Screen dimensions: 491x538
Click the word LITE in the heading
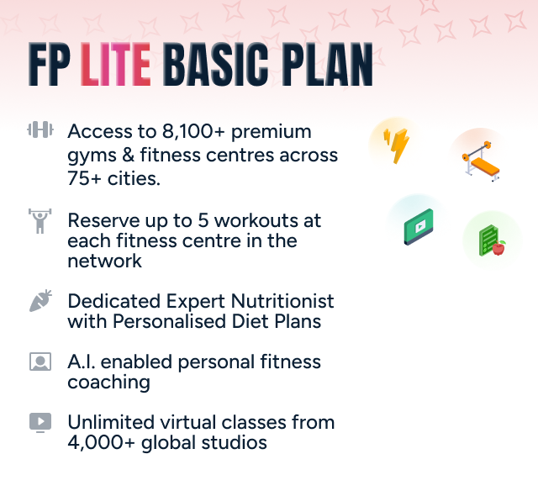click(116, 65)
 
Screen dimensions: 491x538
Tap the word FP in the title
click(50, 65)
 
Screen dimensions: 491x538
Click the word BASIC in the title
click(209, 65)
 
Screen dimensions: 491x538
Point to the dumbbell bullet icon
click(40, 130)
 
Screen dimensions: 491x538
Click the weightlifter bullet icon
click(40, 222)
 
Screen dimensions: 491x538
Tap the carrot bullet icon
click(40, 301)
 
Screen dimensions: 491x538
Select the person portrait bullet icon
click(40, 362)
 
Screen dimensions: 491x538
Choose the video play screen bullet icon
click(40, 423)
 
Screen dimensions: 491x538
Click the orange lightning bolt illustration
click(395, 144)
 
